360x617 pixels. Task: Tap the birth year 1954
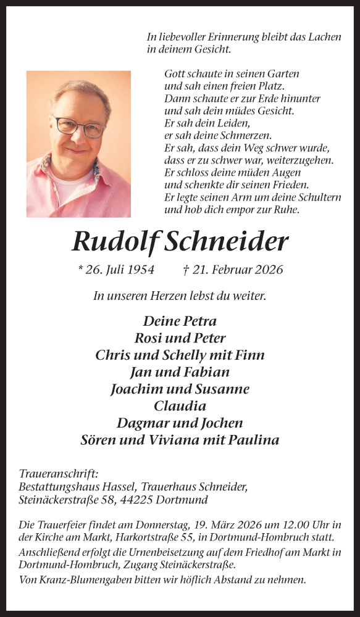(x=138, y=270)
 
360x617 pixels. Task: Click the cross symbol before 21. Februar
(x=186, y=270)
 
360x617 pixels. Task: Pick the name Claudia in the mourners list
(x=180, y=406)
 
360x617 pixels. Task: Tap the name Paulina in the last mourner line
(x=254, y=440)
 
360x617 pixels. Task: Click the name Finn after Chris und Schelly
(x=251, y=355)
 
